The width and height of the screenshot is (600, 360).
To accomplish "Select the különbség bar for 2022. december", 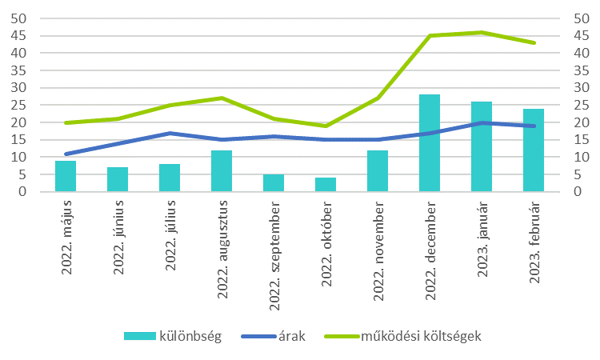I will point(430,144).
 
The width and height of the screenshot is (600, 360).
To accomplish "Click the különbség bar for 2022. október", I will point(326,185).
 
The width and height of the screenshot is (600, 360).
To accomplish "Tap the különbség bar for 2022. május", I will point(66,177).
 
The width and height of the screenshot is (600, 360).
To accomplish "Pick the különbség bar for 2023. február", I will point(534,150).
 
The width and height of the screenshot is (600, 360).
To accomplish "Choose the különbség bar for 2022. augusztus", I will point(222,171).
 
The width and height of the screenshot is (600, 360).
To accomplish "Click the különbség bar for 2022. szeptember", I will point(274,183).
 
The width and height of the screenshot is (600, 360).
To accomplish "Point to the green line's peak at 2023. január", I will point(482,32).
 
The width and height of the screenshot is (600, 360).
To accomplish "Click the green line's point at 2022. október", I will point(326,126).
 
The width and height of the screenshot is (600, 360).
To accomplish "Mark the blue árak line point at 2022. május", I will point(66,154).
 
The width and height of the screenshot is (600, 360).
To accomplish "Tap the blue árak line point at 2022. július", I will point(170,133).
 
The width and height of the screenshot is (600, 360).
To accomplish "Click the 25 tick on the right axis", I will point(582,105).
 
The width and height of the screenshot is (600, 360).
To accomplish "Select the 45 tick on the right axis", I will point(582,36).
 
